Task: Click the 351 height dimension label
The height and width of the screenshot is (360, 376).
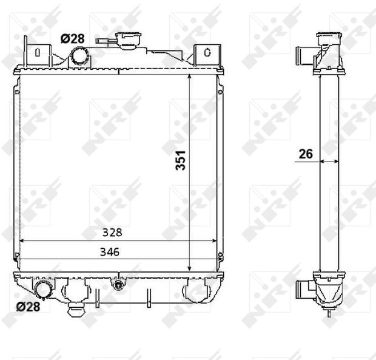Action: pyautogui.click(x=180, y=160)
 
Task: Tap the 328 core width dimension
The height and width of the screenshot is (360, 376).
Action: pyautogui.click(x=112, y=233)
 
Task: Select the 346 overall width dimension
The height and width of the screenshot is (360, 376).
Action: pyautogui.click(x=110, y=252)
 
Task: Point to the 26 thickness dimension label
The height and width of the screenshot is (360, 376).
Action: pyautogui.click(x=306, y=154)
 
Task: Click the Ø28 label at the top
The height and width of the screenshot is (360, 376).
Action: pyautogui.click(x=72, y=39)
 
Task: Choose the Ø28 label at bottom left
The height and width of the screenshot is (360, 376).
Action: pyautogui.click(x=28, y=307)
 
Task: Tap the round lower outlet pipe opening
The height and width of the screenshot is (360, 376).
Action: pyautogui.click(x=43, y=290)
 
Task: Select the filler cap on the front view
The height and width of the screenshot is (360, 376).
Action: pyautogui.click(x=129, y=40)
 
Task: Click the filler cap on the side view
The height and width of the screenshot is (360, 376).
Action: pyautogui.click(x=329, y=38)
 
